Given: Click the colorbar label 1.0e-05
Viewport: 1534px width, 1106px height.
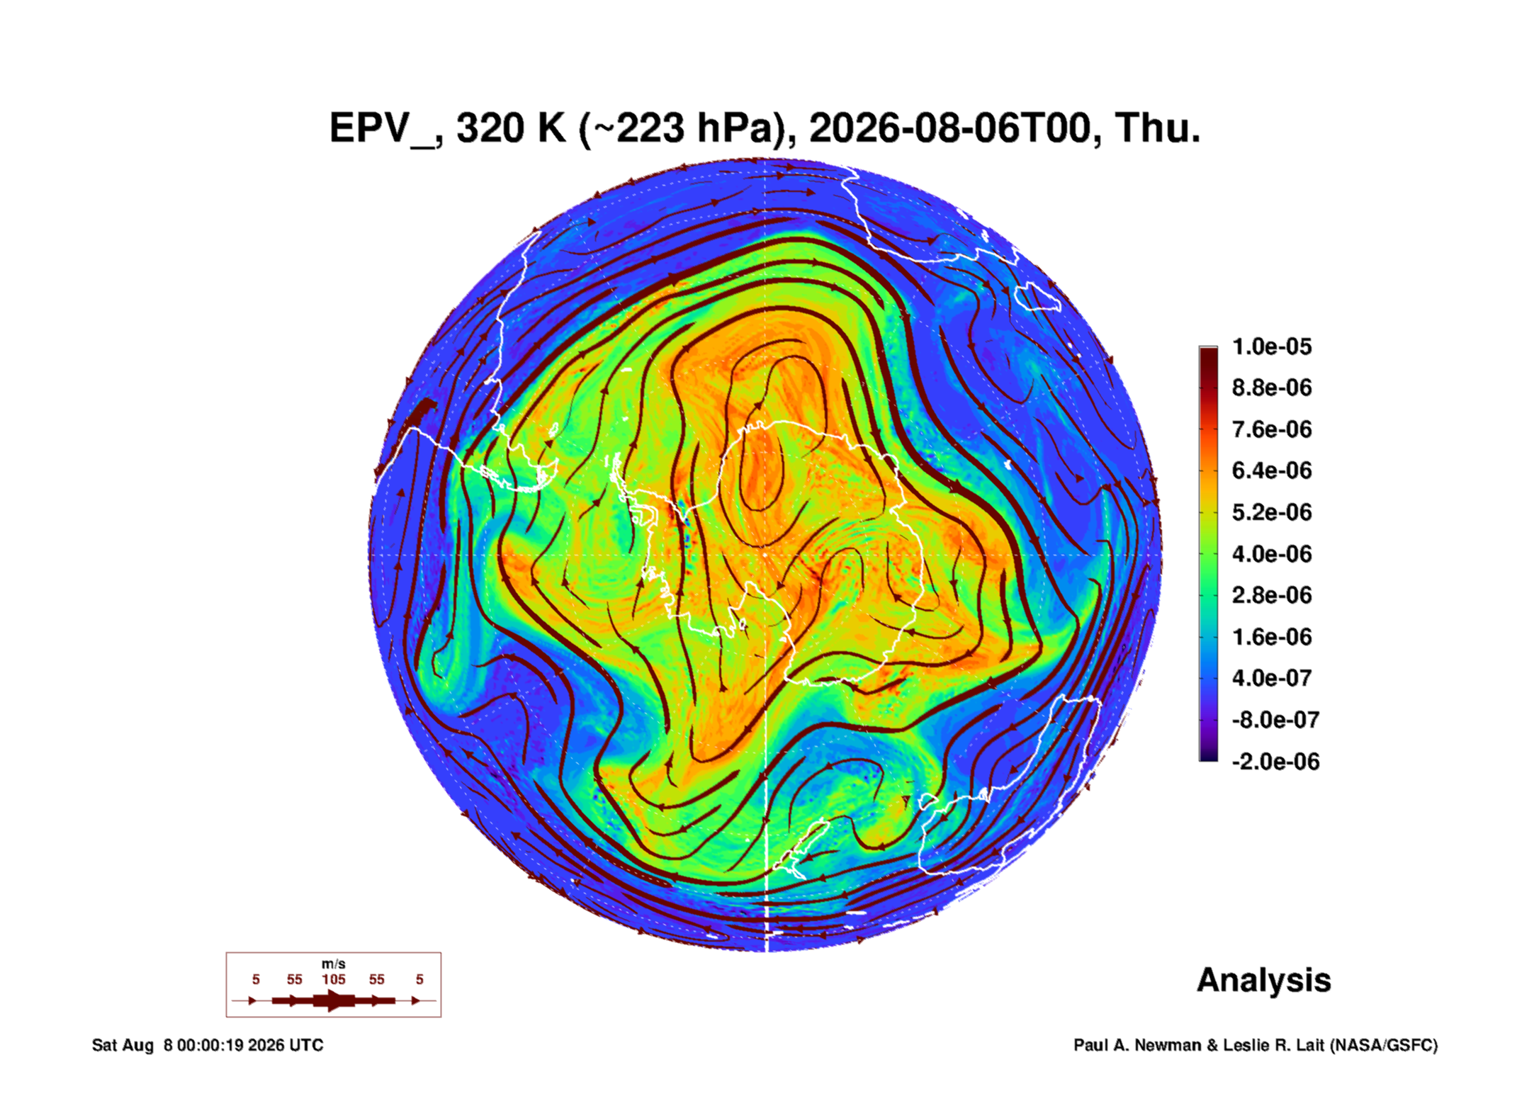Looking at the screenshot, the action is [1272, 346].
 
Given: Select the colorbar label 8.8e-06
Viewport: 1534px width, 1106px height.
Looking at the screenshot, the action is [1272, 388].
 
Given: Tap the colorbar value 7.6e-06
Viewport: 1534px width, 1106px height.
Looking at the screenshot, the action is [1272, 429].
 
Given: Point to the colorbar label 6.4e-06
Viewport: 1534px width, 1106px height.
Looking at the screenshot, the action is [1272, 470].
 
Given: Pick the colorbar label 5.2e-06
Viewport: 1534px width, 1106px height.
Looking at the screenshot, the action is [1272, 512].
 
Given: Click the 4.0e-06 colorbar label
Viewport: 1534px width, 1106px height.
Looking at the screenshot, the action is [1272, 554].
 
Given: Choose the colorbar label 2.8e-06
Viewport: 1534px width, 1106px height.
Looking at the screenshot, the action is [1272, 595].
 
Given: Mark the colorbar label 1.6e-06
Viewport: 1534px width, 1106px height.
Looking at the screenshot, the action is [1272, 637].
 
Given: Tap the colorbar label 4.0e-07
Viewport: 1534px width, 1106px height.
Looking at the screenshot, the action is [1272, 678].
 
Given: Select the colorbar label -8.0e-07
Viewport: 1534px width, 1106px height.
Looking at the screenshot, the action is [1275, 720].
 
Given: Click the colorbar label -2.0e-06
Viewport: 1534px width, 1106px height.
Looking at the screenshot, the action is [1275, 762].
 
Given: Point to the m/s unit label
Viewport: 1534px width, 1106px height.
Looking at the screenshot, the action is [334, 964].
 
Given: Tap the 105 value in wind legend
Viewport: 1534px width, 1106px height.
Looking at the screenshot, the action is [334, 980].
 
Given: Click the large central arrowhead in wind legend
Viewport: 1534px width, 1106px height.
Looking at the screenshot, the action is [333, 1001].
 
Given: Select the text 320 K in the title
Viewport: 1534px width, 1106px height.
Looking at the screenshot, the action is [512, 129].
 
